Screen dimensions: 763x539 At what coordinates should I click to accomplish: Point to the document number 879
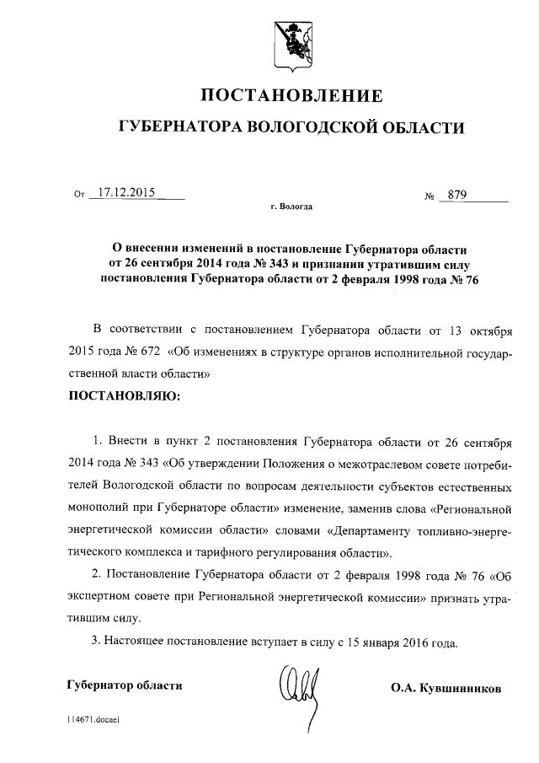click(458, 196)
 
